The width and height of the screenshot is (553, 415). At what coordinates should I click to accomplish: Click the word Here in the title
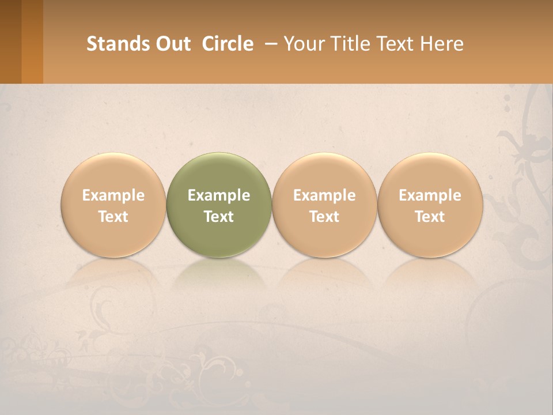(442, 44)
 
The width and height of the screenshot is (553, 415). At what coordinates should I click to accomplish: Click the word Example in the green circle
(219, 195)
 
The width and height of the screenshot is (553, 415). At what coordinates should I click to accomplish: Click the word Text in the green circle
(219, 217)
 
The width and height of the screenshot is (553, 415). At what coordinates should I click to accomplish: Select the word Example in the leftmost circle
(113, 195)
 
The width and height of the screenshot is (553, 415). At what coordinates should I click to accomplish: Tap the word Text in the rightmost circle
(430, 217)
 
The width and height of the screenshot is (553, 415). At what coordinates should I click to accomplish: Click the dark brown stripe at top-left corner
(10, 41)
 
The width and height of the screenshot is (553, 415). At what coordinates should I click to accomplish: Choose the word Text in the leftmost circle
(113, 217)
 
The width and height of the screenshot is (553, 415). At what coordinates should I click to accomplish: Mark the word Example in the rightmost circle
(430, 195)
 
